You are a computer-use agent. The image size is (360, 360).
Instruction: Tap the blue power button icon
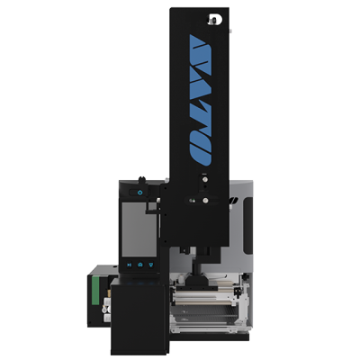click(140, 193)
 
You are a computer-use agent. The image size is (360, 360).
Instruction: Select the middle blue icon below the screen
click(140, 265)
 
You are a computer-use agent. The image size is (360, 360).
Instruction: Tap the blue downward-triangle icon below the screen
click(151, 265)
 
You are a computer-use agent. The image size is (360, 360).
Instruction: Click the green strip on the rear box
click(95, 291)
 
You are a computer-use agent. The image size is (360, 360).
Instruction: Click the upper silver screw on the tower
click(205, 179)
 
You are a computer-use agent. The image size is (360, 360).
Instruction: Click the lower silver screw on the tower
click(205, 200)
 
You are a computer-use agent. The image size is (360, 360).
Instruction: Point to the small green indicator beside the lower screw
click(193, 200)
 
